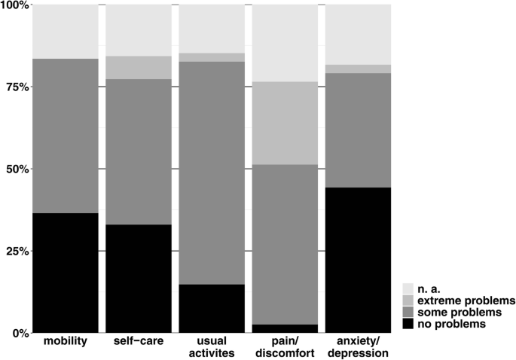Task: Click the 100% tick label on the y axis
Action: click(x=14, y=5)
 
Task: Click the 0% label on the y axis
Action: click(x=19, y=333)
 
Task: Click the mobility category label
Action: click(x=66, y=343)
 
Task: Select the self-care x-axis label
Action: click(x=139, y=343)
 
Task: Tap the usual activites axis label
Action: click(x=212, y=348)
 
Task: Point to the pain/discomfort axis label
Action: click(x=285, y=348)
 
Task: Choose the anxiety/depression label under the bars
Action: click(x=358, y=348)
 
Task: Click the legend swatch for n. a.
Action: click(x=408, y=288)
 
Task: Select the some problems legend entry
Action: click(x=460, y=312)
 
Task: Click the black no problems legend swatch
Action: click(x=408, y=324)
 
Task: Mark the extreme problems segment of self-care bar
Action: click(x=139, y=68)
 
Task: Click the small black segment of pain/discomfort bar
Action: click(x=285, y=328)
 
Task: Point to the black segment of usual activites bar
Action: click(x=212, y=308)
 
